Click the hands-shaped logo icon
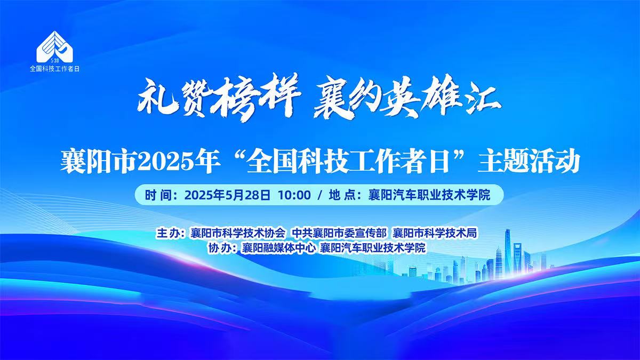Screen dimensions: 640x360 (x=54, y=47)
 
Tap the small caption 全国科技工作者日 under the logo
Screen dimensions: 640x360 (x=54, y=69)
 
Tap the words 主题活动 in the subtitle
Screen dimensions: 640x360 (x=529, y=162)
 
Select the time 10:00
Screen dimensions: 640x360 (x=294, y=195)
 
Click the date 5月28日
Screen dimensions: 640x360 (x=247, y=195)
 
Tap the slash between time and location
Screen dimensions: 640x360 (x=319, y=195)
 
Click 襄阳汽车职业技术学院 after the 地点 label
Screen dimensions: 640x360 (x=429, y=195)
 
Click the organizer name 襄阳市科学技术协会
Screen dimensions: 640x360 (x=238, y=233)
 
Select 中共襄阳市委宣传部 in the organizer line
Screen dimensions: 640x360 (x=339, y=233)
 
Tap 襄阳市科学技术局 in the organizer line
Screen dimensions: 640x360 (x=435, y=233)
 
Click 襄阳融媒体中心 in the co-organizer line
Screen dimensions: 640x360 (x=278, y=247)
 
